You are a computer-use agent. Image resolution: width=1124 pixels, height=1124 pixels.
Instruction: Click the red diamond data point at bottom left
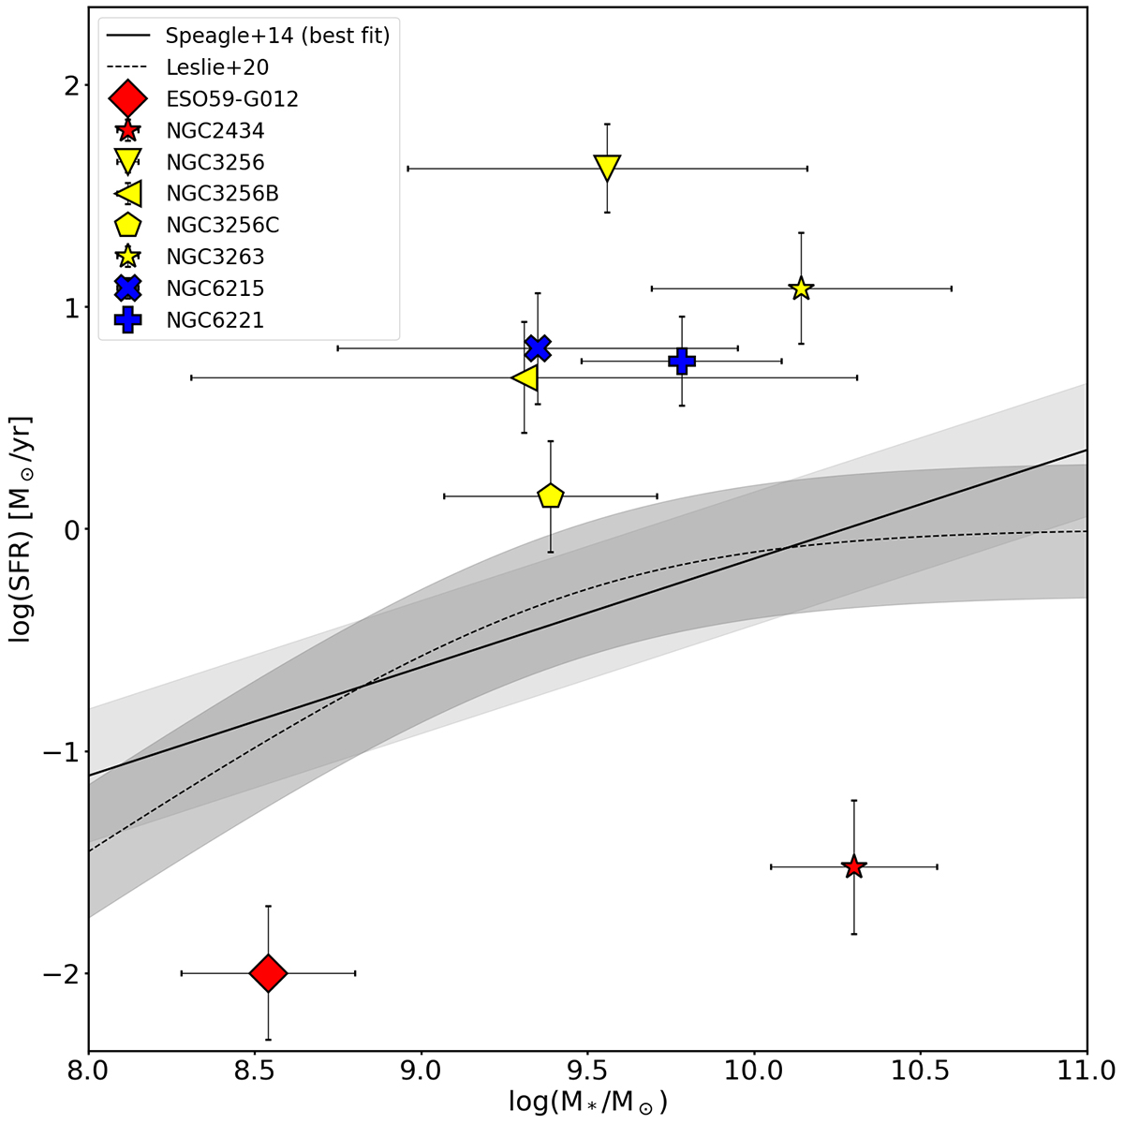pos(268,973)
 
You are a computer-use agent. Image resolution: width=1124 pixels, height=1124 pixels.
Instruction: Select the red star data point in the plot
pos(853,866)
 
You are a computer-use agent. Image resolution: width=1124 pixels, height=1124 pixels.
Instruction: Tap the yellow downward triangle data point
pos(607,168)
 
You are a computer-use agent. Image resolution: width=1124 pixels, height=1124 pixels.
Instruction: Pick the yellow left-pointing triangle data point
pos(525,377)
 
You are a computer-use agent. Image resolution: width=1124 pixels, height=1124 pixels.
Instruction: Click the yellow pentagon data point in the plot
pos(550,495)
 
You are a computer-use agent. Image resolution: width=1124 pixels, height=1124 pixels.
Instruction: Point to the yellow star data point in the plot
pos(801,288)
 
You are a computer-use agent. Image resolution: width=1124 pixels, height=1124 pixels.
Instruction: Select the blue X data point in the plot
pos(537,348)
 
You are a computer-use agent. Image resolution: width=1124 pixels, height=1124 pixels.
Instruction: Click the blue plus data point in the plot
pos(682,361)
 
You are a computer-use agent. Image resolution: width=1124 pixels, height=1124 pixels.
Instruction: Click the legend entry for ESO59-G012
pos(231,98)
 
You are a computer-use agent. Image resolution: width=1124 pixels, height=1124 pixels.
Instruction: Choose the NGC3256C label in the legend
pos(222,225)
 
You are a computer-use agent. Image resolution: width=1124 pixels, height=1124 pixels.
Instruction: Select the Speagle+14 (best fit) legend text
pos(276,37)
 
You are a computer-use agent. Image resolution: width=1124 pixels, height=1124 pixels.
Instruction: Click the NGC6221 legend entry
pos(214,320)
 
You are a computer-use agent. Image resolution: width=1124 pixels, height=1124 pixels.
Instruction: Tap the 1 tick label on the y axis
pos(70,307)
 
